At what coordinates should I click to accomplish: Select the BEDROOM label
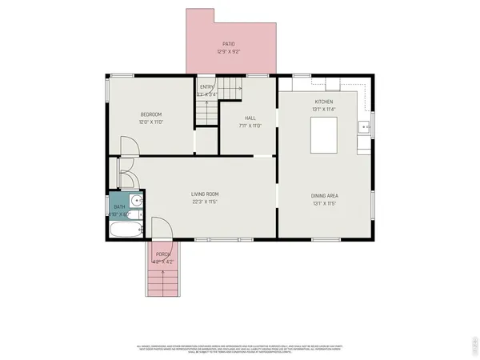152,114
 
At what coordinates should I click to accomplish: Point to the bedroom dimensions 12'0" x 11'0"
152,122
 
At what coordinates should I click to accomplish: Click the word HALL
250,118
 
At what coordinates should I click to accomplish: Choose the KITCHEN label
323,102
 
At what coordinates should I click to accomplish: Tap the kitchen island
323,134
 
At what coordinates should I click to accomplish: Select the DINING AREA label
324,195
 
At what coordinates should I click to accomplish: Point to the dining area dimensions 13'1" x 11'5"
324,203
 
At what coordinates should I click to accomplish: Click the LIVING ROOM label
205,194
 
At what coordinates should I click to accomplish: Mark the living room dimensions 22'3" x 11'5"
205,202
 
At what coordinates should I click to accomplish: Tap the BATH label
118,207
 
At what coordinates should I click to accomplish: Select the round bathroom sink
136,202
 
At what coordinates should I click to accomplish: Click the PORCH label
163,254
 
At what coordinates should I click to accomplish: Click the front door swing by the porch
162,228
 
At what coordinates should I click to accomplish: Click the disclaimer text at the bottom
240,348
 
